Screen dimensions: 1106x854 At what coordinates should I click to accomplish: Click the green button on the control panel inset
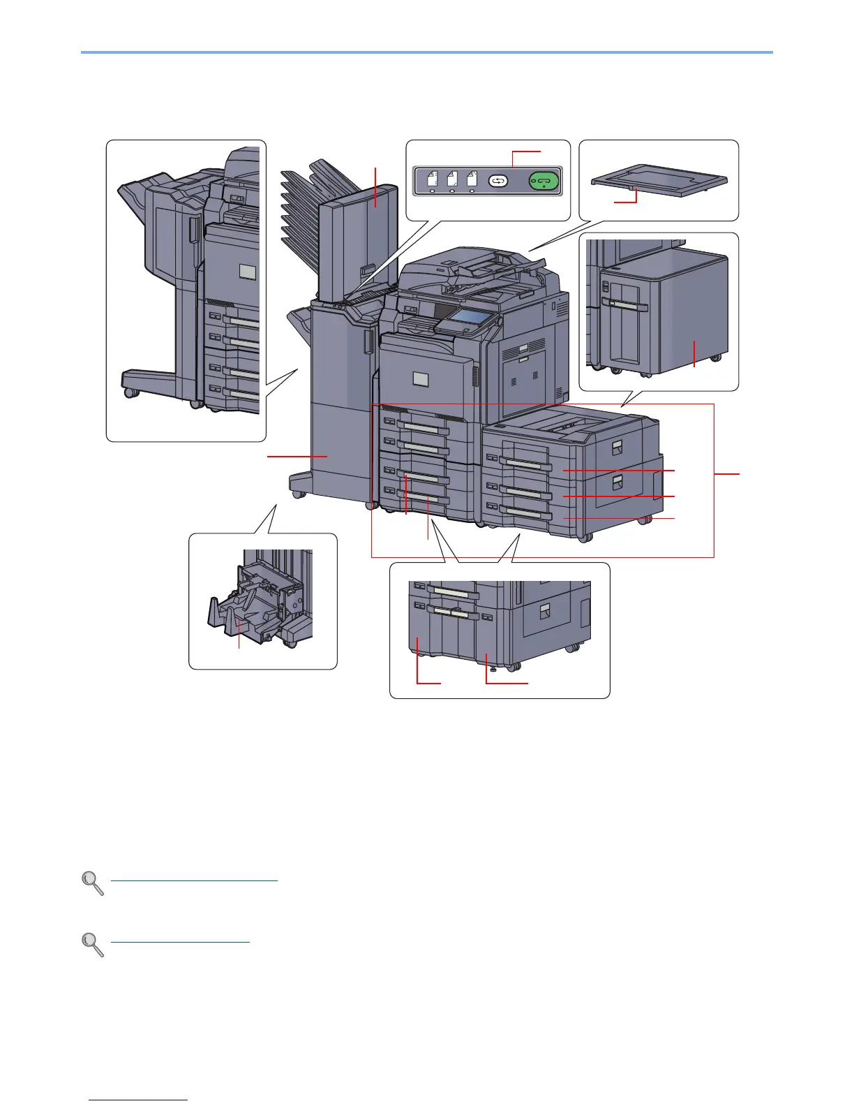[544, 181]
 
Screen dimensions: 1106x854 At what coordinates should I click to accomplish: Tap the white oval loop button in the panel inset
[498, 181]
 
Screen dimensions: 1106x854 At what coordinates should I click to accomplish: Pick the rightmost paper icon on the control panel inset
[472, 179]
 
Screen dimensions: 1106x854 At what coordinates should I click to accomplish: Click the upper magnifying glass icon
[93, 883]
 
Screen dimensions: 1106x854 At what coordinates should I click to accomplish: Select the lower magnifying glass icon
[93, 944]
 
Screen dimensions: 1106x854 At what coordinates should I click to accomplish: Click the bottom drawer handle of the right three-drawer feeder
[527, 515]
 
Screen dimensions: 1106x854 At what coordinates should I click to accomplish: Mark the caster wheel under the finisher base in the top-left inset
[129, 392]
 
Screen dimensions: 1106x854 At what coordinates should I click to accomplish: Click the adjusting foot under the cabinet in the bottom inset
[495, 668]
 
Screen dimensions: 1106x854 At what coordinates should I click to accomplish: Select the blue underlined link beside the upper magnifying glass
[194, 880]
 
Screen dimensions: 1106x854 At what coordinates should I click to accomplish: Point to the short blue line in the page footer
[139, 1100]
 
